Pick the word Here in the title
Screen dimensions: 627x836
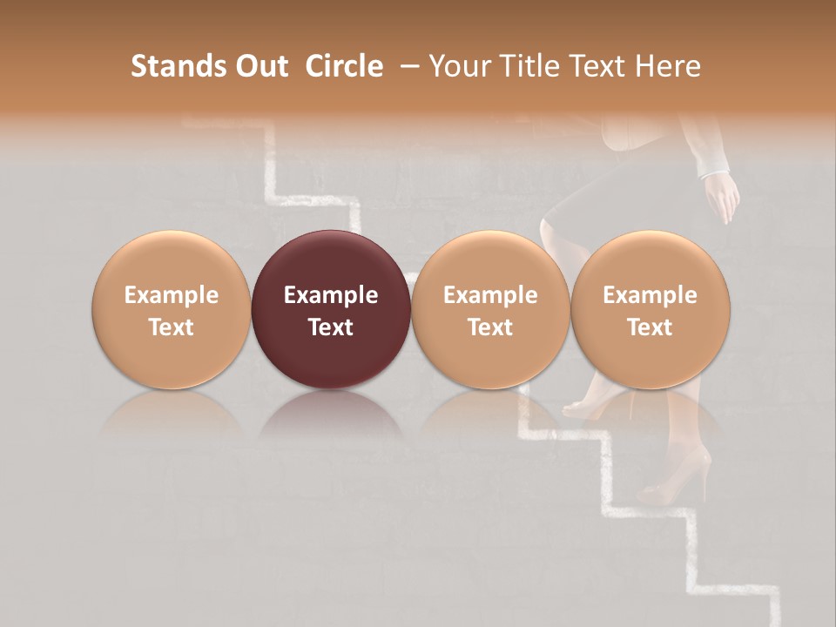click(666, 66)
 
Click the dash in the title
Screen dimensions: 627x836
click(406, 66)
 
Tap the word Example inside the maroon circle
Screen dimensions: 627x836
click(331, 295)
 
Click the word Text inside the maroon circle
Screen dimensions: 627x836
click(331, 327)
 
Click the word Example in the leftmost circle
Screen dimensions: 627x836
click(172, 295)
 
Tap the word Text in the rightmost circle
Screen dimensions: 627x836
click(651, 327)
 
